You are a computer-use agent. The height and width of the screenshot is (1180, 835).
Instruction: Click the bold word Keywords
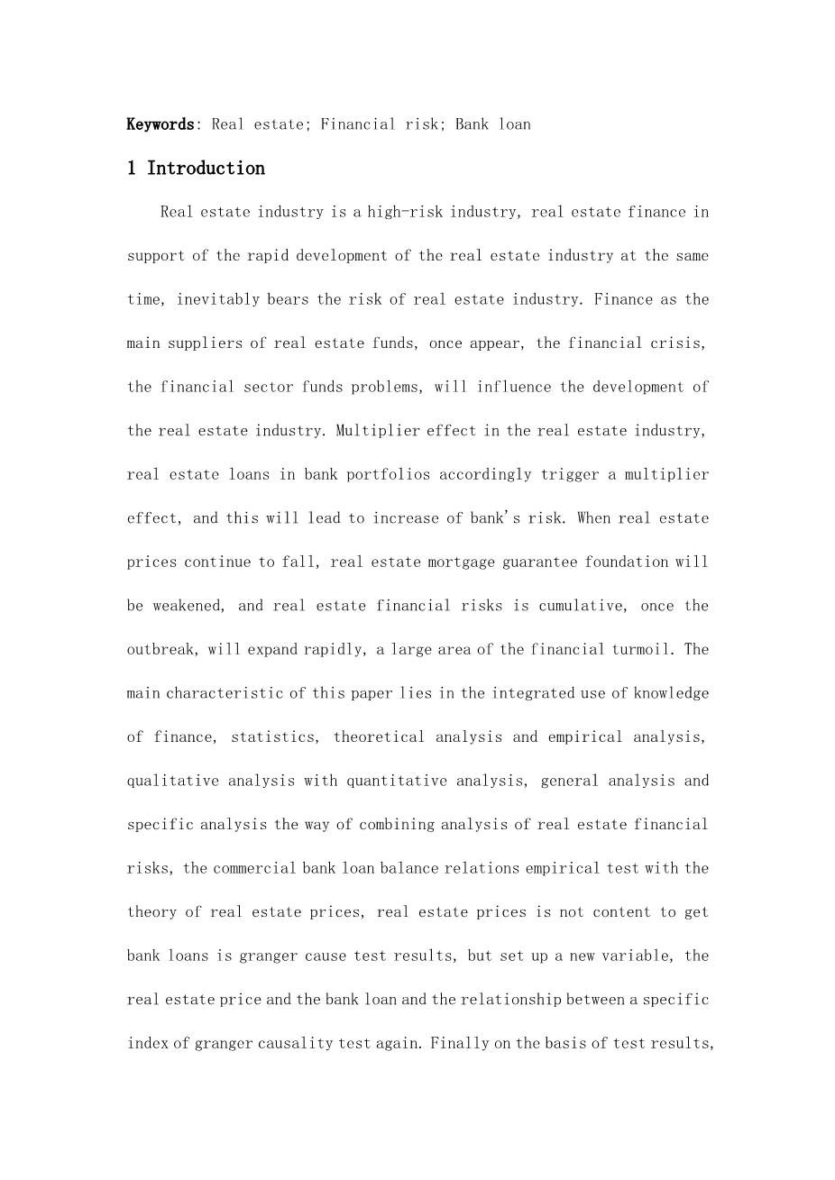160,124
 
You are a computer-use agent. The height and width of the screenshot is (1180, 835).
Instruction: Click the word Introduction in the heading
206,169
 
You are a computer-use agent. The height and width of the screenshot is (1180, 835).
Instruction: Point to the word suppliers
201,343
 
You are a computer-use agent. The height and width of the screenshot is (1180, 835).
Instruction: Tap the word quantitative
394,781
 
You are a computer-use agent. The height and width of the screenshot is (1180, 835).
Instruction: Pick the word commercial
257,868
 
